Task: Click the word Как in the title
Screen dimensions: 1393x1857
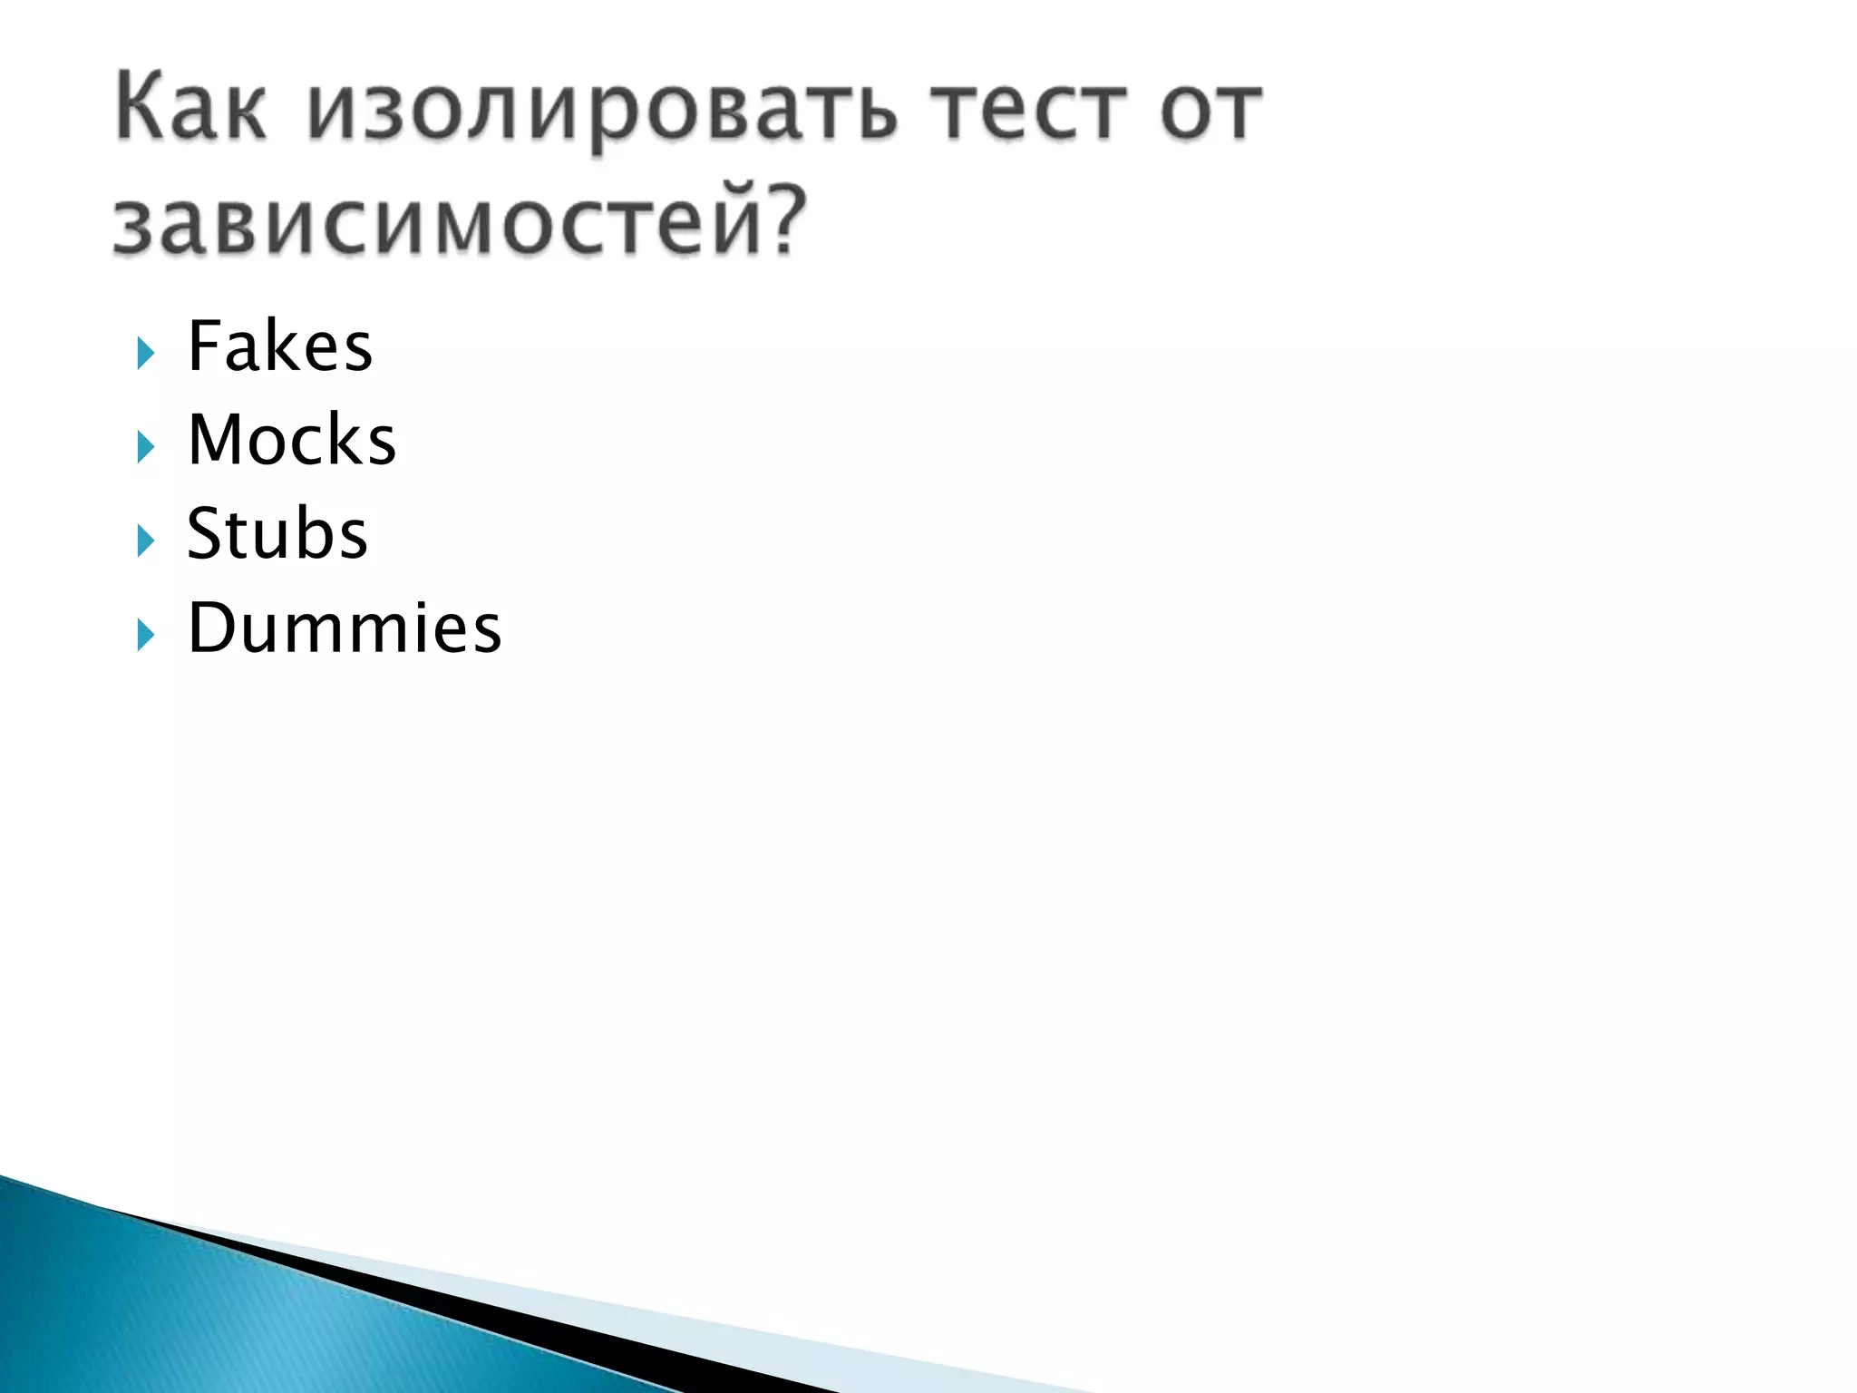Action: click(x=191, y=109)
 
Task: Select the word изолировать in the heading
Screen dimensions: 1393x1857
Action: click(x=602, y=112)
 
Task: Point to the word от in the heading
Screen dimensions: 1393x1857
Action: click(x=1210, y=112)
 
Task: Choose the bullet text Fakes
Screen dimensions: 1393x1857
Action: click(x=279, y=346)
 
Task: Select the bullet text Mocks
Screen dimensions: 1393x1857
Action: click(x=291, y=440)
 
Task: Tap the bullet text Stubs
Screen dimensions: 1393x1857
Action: click(x=277, y=533)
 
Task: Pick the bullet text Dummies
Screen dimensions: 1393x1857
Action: click(x=344, y=628)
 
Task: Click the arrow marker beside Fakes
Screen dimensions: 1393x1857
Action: click(x=146, y=353)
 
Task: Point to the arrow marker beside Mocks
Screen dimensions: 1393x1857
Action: click(x=146, y=446)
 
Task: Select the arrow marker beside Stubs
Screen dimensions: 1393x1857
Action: click(x=146, y=541)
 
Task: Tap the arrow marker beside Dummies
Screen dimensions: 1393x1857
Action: click(x=146, y=635)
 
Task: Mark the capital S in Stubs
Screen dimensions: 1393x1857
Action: click(x=204, y=533)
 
